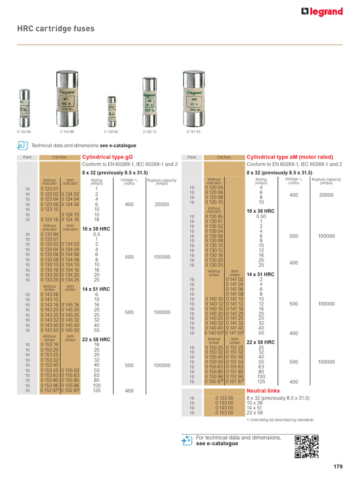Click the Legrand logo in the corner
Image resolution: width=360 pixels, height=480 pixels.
pyautogui.click(x=322, y=12)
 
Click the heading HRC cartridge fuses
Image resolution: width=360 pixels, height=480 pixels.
pyautogui.click(x=56, y=29)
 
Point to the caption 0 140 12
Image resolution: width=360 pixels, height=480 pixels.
pyautogui.click(x=150, y=132)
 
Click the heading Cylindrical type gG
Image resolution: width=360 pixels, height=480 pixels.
pyautogui.click(x=107, y=157)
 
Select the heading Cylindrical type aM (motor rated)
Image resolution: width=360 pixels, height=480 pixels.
pyautogui.click(x=290, y=157)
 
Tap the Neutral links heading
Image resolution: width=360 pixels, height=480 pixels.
pyautogui.click(x=263, y=390)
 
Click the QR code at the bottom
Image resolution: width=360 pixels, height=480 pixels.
pyautogui.click(x=307, y=446)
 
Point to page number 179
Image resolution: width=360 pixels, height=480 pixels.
pyautogui.click(x=338, y=466)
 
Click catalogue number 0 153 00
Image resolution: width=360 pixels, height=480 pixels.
pyautogui.click(x=224, y=413)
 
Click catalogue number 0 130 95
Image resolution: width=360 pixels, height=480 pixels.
pyautogui.click(x=214, y=217)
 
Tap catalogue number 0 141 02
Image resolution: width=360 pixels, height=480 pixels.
pyautogui.click(x=234, y=279)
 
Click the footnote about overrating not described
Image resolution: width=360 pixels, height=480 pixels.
pyautogui.click(x=280, y=420)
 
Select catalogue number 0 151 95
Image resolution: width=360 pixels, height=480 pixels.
pyautogui.click(x=234, y=376)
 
